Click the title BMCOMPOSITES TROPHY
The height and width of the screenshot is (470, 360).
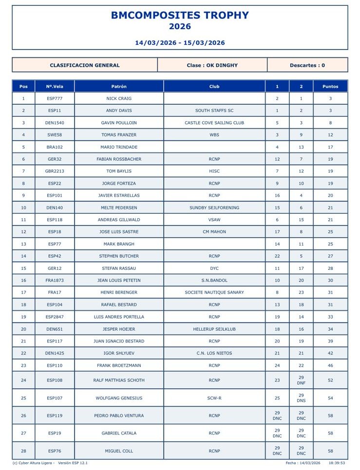tap(180, 15)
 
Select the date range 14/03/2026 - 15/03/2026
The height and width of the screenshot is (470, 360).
tap(180, 42)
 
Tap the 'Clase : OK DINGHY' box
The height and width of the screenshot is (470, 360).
tap(212, 65)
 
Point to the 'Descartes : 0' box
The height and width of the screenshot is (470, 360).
tap(307, 65)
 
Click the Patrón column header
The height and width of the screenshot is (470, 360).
tap(119, 86)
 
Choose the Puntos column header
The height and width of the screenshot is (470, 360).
tap(330, 86)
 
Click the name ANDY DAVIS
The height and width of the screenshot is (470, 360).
tap(119, 111)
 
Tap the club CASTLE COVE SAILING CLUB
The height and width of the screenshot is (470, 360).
tap(214, 123)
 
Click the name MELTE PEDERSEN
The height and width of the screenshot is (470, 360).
tap(119, 207)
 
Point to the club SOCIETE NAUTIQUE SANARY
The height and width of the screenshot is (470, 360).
tap(214, 292)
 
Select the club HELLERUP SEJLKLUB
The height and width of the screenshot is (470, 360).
tap(214, 329)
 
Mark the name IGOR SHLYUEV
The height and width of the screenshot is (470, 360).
tap(119, 353)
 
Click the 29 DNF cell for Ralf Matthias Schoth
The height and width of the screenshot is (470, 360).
tap(301, 380)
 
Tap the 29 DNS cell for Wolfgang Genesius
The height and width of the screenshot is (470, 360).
tap(301, 398)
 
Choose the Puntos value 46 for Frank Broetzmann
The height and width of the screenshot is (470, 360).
tap(330, 365)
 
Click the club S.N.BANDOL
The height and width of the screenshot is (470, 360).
tap(214, 280)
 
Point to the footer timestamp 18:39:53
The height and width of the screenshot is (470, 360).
tap(337, 463)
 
